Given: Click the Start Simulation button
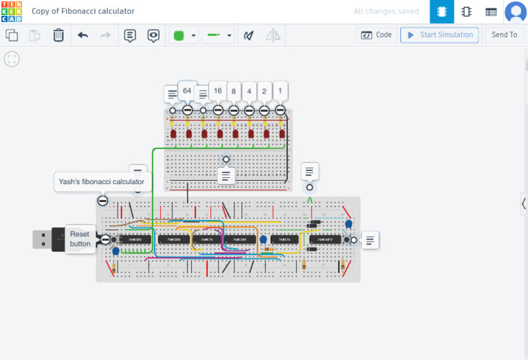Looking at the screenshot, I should point(439,35).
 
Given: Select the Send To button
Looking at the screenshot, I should point(504,35).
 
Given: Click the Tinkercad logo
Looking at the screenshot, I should point(12,12).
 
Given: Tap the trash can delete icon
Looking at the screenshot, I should point(58,35).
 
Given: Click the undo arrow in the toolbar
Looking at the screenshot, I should point(83,35).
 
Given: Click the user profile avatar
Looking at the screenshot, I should point(515,12).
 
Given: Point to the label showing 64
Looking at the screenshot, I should point(187,90).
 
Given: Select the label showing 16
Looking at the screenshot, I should point(217,91).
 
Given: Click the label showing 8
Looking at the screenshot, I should point(234,91).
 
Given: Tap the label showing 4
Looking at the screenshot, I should point(249,91).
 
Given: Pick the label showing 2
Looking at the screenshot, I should point(264,91).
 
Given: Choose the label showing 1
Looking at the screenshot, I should point(280,91).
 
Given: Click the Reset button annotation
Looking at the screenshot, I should point(80,239).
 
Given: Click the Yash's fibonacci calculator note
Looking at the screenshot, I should point(101,182).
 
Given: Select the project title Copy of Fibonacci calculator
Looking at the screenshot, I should point(83,12).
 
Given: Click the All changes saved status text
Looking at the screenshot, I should point(386,12).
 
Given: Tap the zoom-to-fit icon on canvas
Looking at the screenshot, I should point(12,59).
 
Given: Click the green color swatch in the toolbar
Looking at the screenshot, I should point(179,35).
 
